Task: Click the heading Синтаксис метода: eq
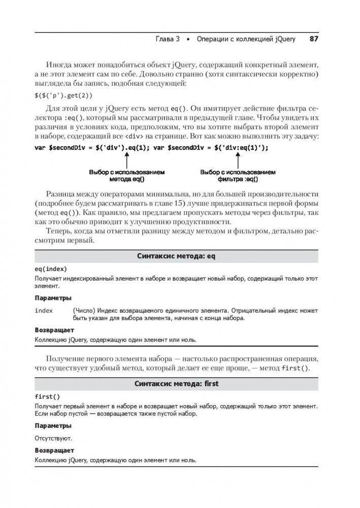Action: (x=177, y=257)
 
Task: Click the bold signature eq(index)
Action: (x=51, y=269)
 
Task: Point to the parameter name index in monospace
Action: (x=44, y=310)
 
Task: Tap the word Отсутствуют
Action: (x=53, y=437)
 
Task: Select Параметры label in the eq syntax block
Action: (x=53, y=298)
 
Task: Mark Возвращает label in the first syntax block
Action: (x=54, y=450)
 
